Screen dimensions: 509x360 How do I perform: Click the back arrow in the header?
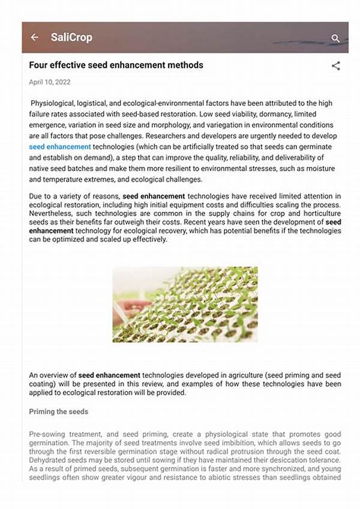click(35, 37)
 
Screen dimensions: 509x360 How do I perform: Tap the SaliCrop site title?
click(71, 37)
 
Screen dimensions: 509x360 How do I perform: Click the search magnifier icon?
click(335, 38)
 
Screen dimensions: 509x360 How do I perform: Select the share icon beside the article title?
click(335, 66)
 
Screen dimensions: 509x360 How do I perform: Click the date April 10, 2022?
click(50, 82)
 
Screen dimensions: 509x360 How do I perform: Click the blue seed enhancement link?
click(60, 146)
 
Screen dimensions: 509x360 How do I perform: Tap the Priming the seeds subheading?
click(59, 412)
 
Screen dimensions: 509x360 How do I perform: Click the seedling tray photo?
click(185, 304)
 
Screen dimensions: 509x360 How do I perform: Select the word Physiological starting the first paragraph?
click(55, 103)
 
